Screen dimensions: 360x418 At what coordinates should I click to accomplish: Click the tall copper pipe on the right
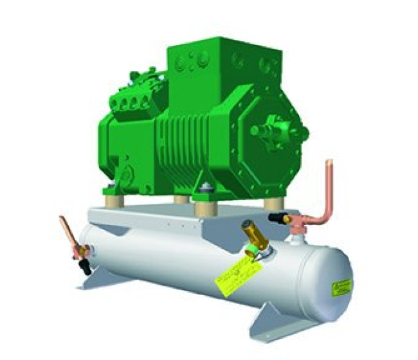[329, 186]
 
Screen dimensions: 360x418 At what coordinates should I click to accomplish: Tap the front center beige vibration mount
[206, 206]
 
